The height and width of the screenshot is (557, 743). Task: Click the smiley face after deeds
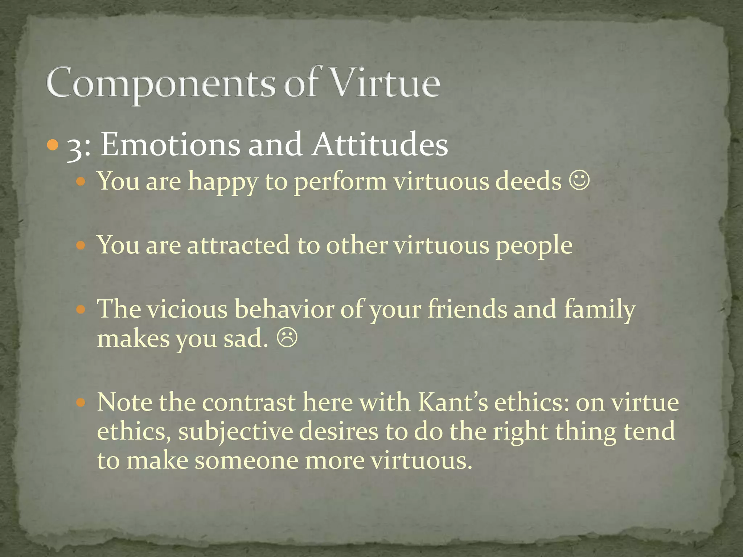coord(579,181)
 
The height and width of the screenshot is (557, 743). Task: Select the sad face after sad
coord(287,338)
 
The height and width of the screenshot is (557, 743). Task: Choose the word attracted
coord(238,245)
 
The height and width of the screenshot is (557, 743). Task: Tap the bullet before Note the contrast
coord(81,403)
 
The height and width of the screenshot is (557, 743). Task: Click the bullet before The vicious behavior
coord(81,310)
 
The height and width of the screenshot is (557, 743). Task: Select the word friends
coord(467,309)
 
